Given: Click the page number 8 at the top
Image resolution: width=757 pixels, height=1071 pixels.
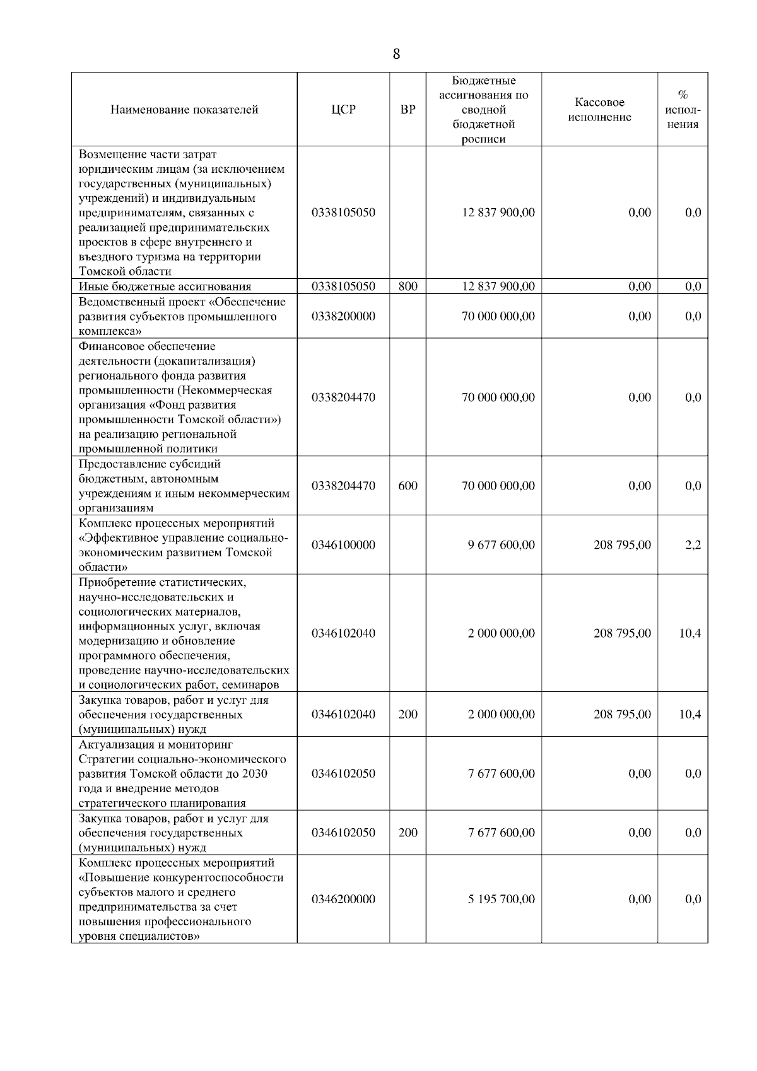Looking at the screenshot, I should [x=396, y=54].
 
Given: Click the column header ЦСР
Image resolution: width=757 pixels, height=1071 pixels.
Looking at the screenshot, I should [x=343, y=110].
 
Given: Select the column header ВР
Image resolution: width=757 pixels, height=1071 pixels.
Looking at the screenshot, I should [x=408, y=110].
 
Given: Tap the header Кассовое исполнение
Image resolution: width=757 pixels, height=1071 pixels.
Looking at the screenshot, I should [x=599, y=110].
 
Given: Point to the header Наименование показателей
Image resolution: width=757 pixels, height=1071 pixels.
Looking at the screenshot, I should [x=184, y=110].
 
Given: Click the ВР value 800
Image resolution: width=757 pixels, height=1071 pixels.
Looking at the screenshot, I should [x=408, y=286].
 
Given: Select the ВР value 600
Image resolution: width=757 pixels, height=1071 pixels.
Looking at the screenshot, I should [x=408, y=486].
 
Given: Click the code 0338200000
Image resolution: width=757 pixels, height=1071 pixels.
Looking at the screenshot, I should [x=343, y=316].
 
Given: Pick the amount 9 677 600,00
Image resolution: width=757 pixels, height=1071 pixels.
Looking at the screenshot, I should [x=501, y=545].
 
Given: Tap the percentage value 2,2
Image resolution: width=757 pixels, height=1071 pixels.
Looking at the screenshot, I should [x=693, y=545].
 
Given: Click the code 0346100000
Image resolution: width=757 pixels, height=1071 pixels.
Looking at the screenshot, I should [x=343, y=545].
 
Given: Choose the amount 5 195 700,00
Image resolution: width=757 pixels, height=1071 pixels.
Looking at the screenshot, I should [x=501, y=899].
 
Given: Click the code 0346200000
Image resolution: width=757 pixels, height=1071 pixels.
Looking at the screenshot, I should [x=343, y=899].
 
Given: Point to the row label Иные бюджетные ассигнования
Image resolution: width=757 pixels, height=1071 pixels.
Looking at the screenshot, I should [x=165, y=286].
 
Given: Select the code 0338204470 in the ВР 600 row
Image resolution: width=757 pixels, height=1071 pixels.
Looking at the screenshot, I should [x=343, y=486].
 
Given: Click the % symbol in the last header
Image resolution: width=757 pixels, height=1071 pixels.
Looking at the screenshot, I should [x=683, y=95].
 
